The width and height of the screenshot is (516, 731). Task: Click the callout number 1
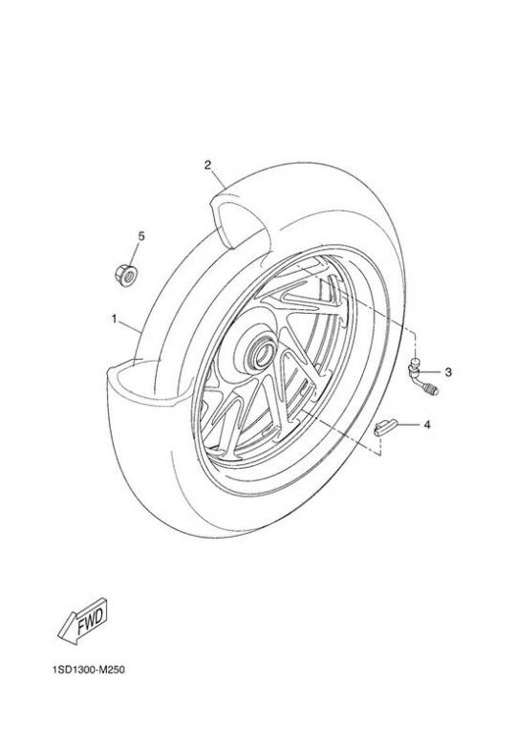[114, 319]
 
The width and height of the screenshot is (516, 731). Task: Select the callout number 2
[207, 165]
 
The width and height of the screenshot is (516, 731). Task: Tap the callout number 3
[448, 372]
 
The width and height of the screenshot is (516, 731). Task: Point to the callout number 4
[426, 425]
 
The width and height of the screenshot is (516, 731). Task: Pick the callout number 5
[141, 236]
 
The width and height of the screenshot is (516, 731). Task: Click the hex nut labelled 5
[126, 274]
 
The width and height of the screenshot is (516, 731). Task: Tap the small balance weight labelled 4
[386, 428]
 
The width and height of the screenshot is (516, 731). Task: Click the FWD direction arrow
[83, 622]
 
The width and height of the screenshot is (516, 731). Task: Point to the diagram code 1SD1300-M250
[89, 671]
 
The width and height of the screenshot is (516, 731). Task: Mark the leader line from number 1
[130, 327]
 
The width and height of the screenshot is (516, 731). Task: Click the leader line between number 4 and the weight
[408, 425]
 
